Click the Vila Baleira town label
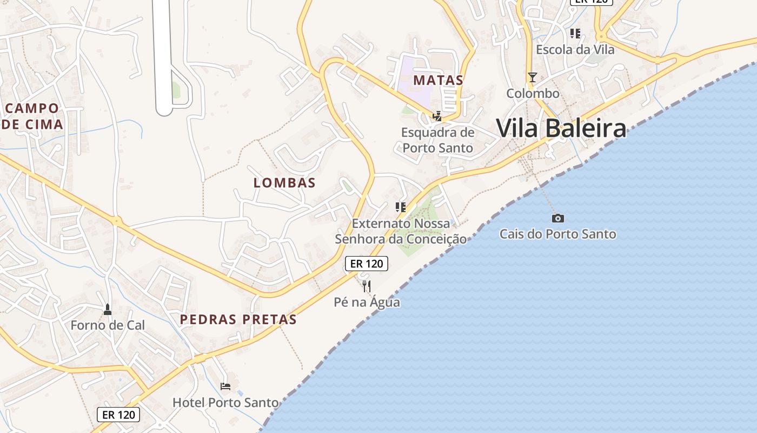[x=561, y=129]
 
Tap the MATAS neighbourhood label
[x=439, y=80]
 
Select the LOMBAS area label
[x=284, y=182]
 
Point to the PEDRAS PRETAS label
[x=238, y=319]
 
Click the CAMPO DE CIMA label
[x=32, y=116]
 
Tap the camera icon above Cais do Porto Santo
[x=558, y=218]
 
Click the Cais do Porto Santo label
[x=557, y=234]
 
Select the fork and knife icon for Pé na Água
[x=367, y=286]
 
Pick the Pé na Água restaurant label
[x=367, y=302]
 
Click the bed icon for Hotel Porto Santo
[x=225, y=386]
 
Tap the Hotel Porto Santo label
[x=225, y=403]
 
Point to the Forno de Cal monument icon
[x=108, y=310]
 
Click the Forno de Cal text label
[x=108, y=325]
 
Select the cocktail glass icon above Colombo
[x=533, y=77]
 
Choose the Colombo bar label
[x=533, y=93]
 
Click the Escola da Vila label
[x=575, y=49]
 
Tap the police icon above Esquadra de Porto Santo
[x=437, y=116]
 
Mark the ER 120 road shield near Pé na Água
[x=367, y=264]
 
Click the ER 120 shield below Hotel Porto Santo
[x=118, y=415]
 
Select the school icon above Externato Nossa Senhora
[x=401, y=207]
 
